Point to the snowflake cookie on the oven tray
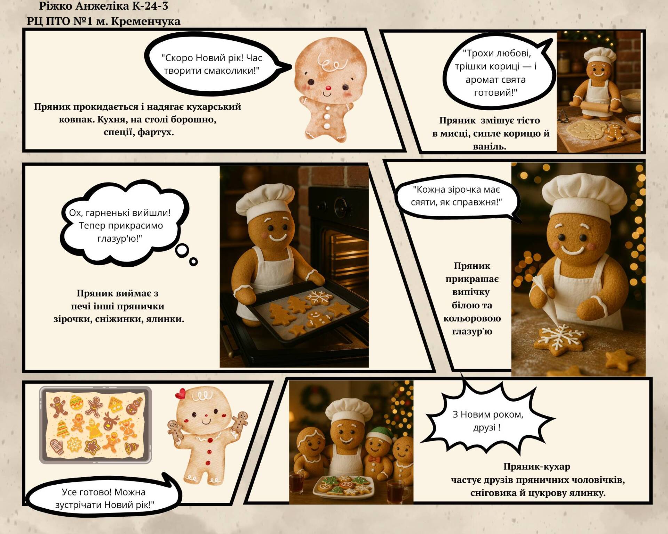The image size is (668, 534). coord(319,298)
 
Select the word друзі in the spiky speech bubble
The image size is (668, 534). coord(484,427)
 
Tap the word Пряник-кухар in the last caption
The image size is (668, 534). coord(536,467)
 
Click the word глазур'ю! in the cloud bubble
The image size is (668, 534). coord(120,239)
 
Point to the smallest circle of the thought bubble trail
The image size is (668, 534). coord(193,261)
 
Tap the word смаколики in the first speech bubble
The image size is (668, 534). coord(229,71)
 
